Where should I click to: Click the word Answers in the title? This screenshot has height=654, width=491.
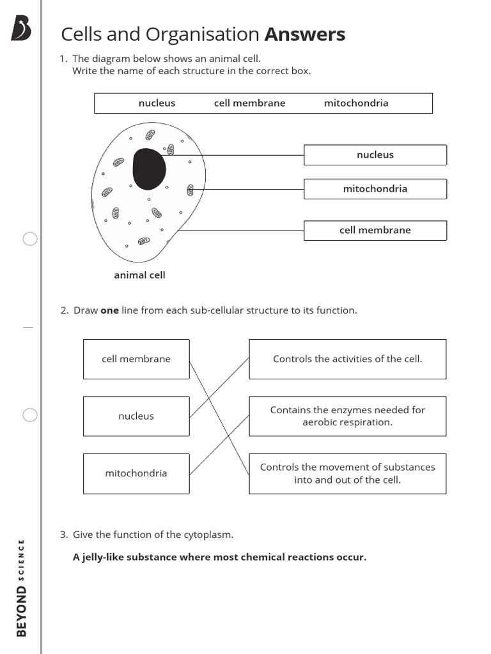click(305, 34)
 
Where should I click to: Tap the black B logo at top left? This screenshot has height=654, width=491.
click(20, 29)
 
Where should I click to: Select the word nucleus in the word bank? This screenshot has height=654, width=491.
click(157, 103)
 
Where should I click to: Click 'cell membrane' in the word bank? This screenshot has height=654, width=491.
click(249, 103)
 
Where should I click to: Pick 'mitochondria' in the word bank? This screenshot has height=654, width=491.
click(356, 103)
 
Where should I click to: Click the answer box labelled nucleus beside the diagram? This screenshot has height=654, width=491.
click(375, 155)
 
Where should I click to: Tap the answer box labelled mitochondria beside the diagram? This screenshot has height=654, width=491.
click(375, 189)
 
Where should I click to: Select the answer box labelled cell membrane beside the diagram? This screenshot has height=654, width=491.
click(375, 231)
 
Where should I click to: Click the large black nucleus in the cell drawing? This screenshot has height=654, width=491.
click(149, 169)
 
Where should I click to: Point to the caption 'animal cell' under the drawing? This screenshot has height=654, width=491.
click(139, 275)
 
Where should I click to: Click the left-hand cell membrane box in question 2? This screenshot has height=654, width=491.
click(136, 359)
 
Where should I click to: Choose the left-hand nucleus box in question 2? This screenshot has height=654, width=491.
click(136, 416)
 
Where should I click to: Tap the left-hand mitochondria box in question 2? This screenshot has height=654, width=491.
click(136, 473)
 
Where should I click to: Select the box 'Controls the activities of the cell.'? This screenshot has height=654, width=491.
click(347, 359)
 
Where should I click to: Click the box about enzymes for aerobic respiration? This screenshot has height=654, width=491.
click(347, 416)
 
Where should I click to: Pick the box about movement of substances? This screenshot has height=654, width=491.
click(347, 473)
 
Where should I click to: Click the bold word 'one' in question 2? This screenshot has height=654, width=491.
click(110, 310)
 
